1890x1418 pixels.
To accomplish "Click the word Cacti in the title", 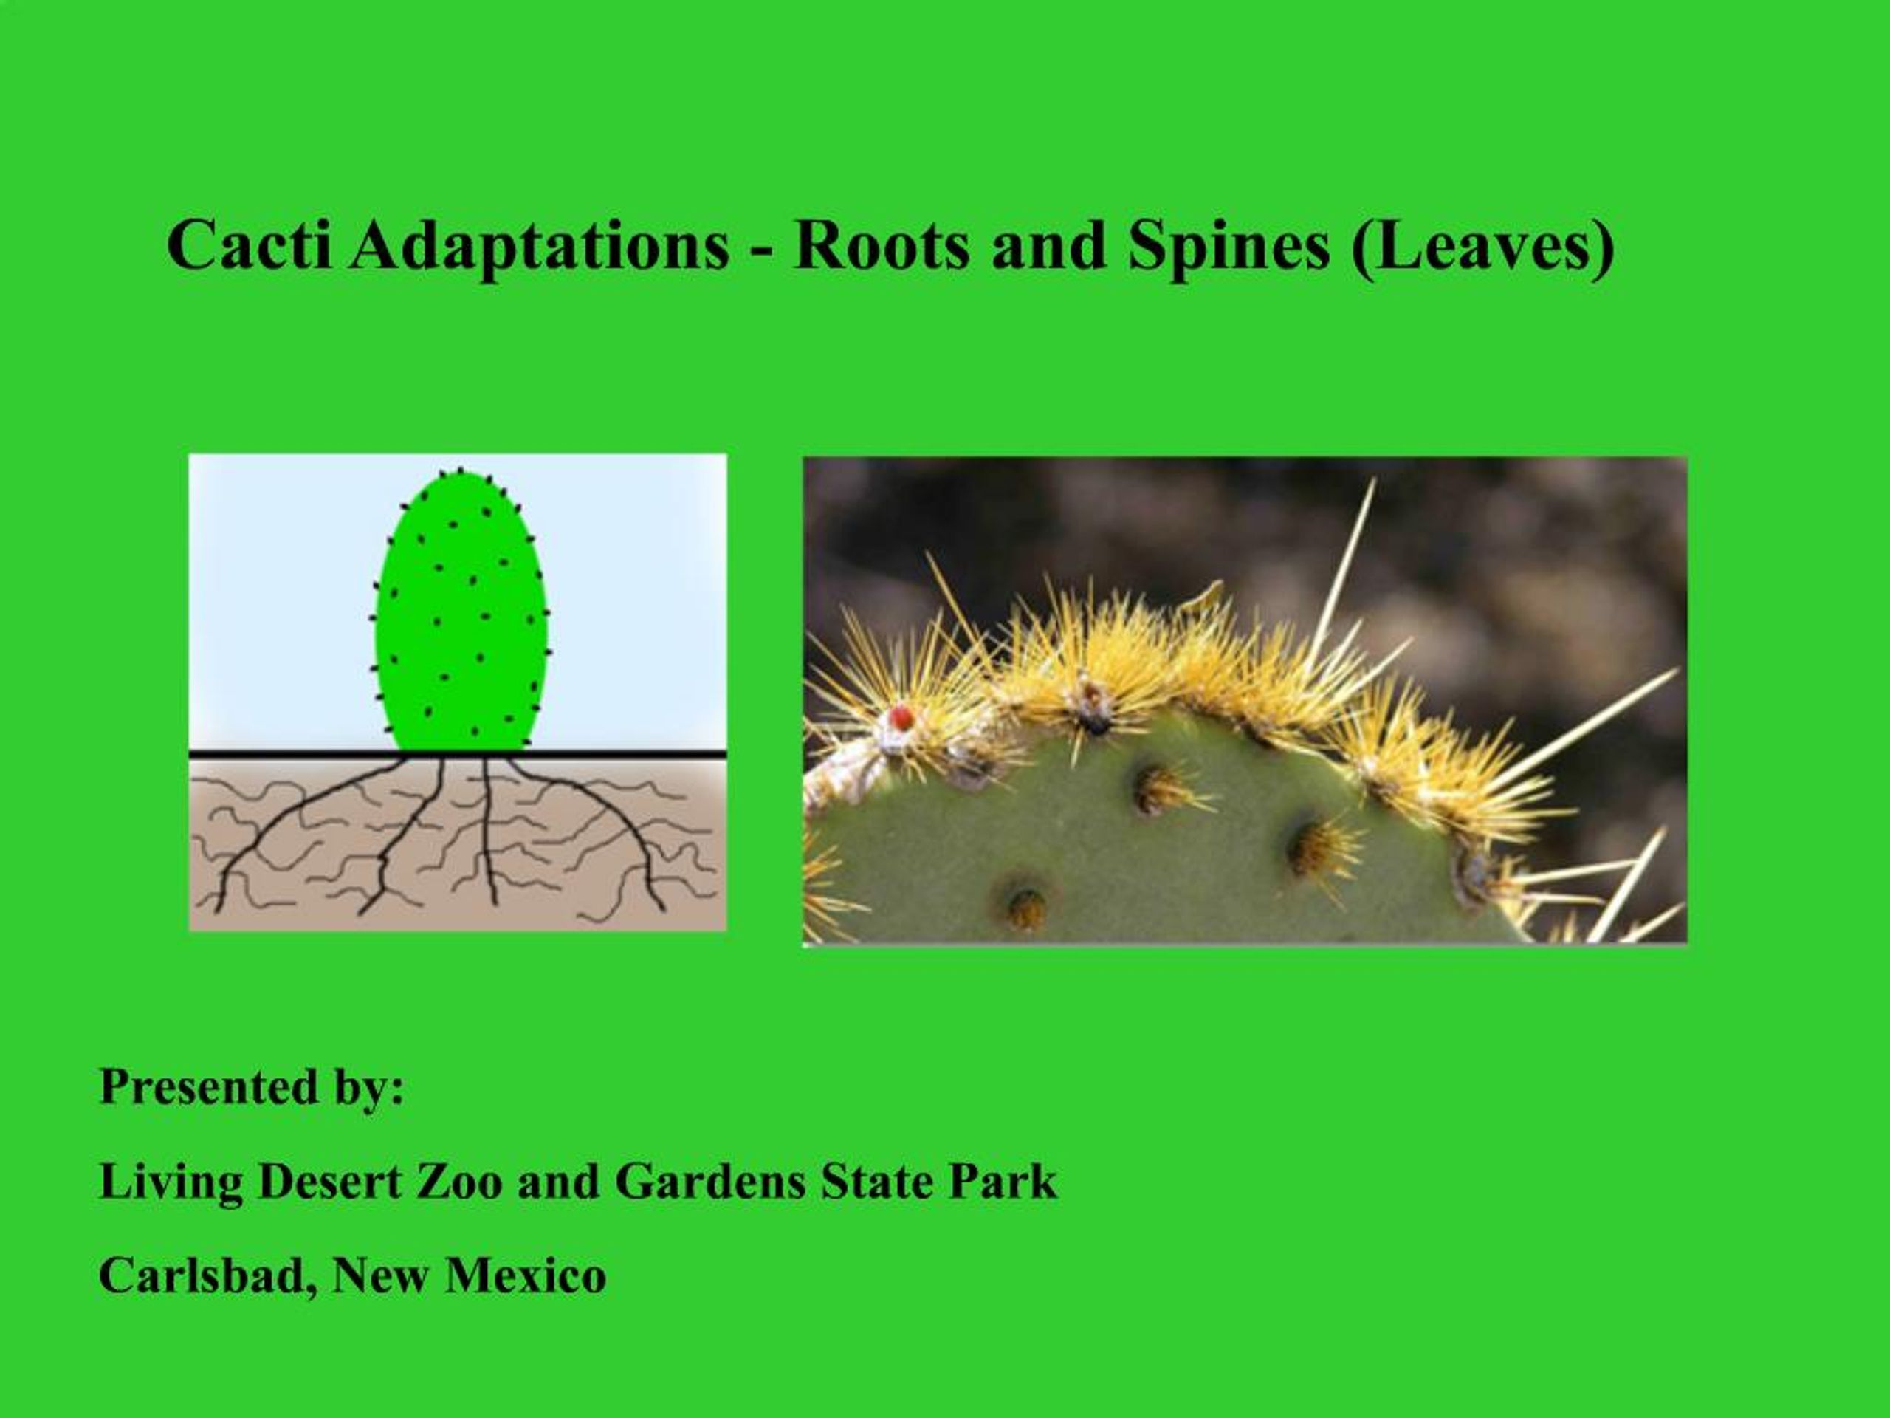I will [249, 245].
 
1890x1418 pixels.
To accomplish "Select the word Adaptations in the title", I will [538, 245].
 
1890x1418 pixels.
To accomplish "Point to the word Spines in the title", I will [1227, 245].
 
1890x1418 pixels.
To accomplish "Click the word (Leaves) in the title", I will [1482, 245].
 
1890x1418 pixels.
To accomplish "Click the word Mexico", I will [526, 1275].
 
